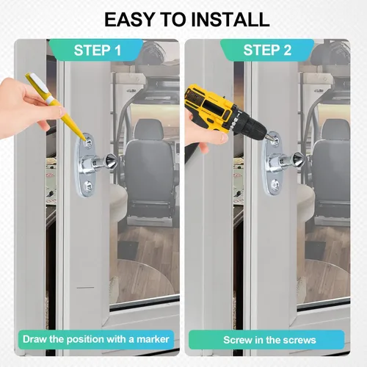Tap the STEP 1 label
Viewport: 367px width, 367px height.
click(x=98, y=50)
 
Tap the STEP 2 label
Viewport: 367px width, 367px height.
click(x=267, y=50)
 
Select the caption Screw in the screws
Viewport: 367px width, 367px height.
click(x=269, y=340)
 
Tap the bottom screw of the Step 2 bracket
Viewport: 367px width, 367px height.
click(x=275, y=184)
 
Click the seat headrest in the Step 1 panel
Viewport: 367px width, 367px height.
click(x=149, y=129)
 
